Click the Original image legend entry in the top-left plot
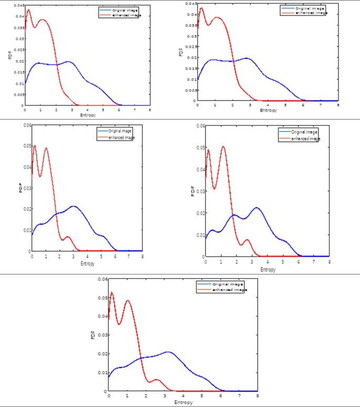coord(125,10)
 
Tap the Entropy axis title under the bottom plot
coord(183,402)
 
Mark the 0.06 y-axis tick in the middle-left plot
coord(26,125)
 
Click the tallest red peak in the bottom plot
coord(111,292)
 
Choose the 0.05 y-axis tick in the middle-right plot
coord(201,148)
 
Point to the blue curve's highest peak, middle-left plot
coord(74,206)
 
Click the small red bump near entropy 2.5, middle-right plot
coord(246,240)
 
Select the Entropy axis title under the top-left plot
coord(88,115)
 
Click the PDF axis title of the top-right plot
coord(180,53)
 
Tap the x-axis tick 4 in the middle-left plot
coord(87,256)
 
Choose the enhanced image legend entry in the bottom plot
coord(229,290)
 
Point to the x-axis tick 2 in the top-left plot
coord(56,110)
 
